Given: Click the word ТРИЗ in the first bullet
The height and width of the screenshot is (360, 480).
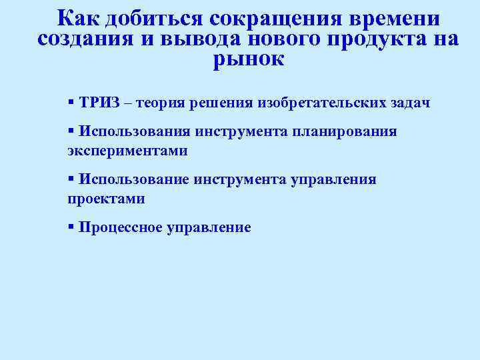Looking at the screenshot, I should click(99, 103).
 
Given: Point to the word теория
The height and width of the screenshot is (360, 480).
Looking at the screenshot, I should click(164, 103).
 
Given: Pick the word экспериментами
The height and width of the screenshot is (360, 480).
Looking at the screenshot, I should click(127, 151).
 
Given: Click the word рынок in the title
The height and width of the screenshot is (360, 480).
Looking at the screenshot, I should click(249, 60).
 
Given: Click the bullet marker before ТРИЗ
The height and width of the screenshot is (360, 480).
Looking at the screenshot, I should click(71, 103).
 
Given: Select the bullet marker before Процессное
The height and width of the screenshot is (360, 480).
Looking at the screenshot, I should click(71, 227).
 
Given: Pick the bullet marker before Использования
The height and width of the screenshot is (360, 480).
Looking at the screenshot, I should click(71, 131).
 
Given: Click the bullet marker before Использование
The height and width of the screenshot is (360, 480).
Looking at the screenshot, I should click(71, 179).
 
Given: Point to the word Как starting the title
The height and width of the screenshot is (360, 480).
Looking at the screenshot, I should click(77, 17).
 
